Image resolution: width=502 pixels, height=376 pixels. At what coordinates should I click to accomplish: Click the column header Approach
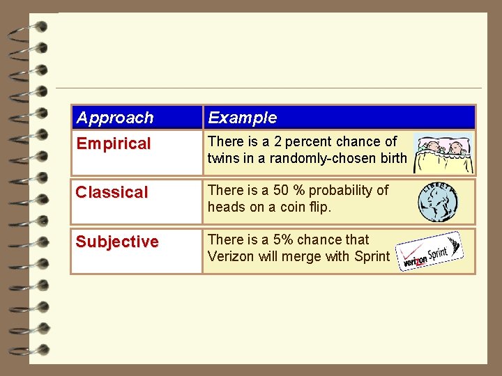pos(115,118)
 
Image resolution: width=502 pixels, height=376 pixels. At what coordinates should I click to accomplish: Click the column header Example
pos(242,118)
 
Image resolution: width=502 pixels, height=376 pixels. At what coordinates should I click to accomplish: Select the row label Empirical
pos(113,144)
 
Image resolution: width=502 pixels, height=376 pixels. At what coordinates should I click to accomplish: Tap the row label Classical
pos(112,192)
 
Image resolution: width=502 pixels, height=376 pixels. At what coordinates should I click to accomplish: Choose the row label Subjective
pos(117,242)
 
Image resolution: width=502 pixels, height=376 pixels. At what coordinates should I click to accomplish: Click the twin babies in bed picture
pos(443,152)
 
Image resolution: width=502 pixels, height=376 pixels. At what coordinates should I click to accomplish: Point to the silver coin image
pos(438,202)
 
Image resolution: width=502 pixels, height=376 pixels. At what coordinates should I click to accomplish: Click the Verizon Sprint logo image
pos(430,251)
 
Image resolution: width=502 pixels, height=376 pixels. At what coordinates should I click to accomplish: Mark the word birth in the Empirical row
pos(393,158)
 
